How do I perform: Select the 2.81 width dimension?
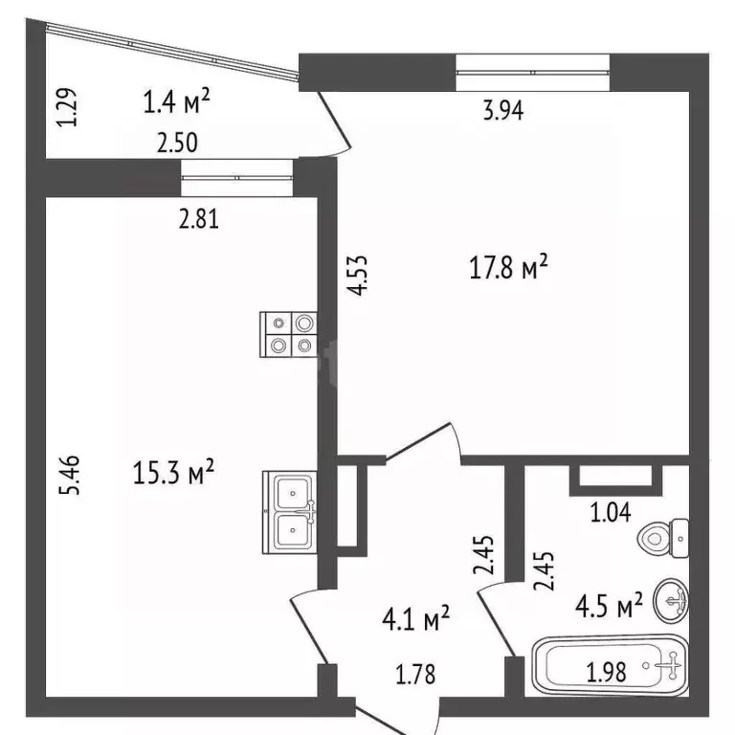tap(200, 219)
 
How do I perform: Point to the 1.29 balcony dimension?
tap(65, 107)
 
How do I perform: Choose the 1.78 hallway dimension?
tap(414, 675)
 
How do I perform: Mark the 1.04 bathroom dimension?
tap(611, 512)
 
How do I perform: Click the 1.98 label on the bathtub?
tap(606, 672)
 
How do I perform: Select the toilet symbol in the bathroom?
tap(666, 539)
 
